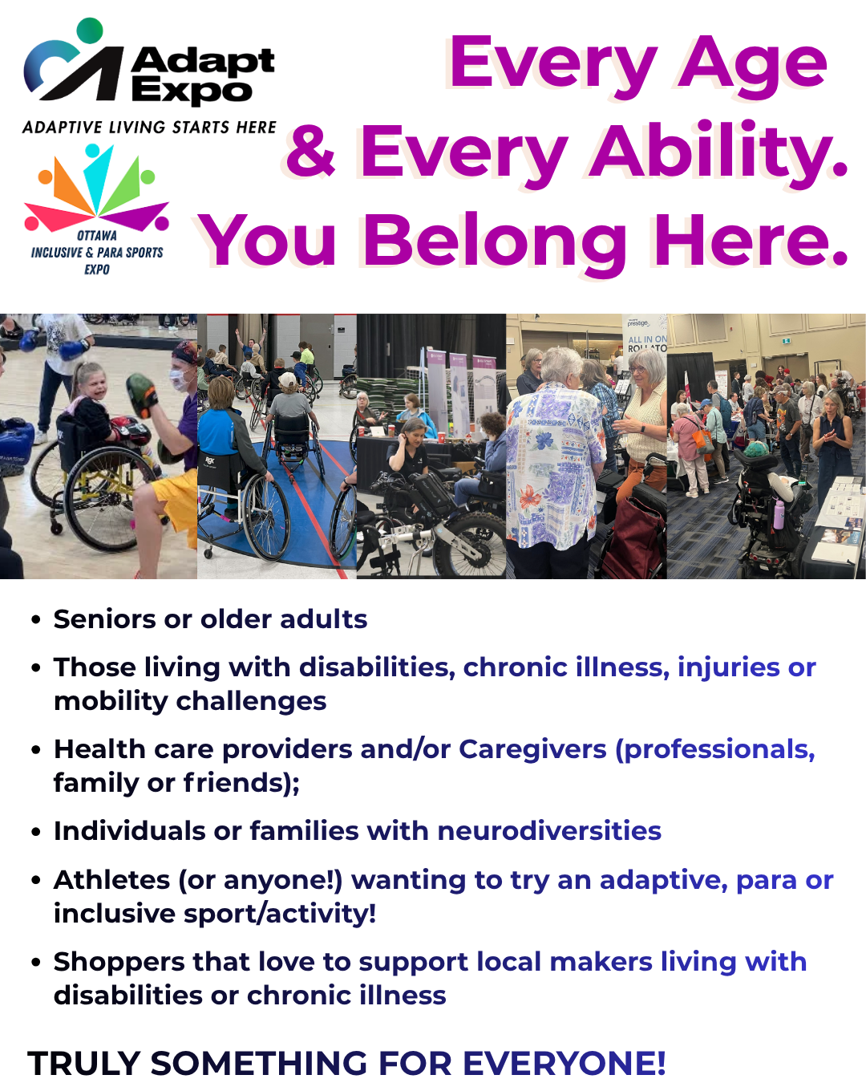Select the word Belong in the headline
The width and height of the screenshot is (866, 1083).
click(495, 240)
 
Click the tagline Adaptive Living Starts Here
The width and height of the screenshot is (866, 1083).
click(149, 128)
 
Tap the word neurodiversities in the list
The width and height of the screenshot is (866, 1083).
click(549, 831)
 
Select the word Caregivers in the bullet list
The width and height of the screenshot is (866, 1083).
click(532, 749)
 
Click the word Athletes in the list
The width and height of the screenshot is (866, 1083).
click(111, 880)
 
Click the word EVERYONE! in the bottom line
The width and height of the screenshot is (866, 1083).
click(564, 1064)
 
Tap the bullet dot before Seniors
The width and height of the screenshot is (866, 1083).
click(36, 620)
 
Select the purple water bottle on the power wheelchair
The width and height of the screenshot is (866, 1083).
click(779, 513)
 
